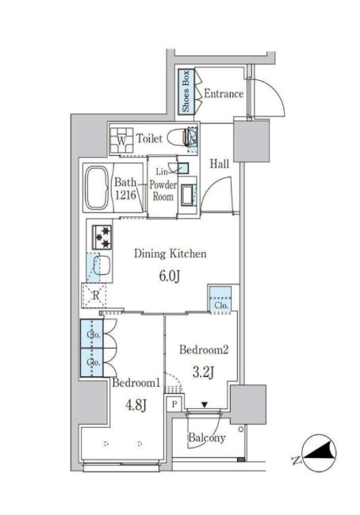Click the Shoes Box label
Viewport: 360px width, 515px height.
(186, 91)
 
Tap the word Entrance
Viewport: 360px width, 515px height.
(224, 93)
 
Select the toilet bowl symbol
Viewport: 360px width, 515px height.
(182, 137)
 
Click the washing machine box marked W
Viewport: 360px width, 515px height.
(121, 141)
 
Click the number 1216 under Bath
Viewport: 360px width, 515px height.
(125, 195)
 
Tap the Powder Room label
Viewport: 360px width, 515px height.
(163, 190)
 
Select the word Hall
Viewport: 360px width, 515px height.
(220, 163)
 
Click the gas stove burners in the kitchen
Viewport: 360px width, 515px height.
(102, 237)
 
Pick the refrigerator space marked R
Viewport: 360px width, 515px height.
(94, 296)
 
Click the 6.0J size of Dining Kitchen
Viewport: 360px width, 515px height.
(170, 277)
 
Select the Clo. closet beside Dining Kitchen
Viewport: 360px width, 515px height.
(220, 299)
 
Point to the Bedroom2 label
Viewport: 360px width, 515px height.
(204, 349)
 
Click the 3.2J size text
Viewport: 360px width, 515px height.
(204, 373)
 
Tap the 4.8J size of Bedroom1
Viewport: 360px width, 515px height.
(135, 406)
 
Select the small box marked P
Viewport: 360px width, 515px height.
(174, 403)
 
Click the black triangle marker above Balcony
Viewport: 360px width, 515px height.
(205, 405)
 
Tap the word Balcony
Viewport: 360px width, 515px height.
(206, 438)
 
